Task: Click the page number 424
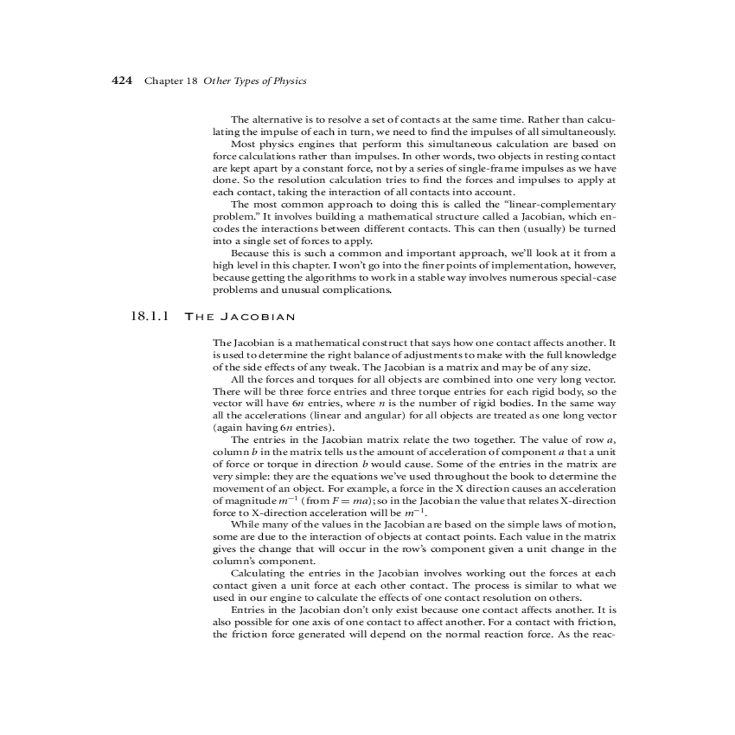point(122,81)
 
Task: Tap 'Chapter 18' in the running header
point(171,81)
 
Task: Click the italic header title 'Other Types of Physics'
point(254,81)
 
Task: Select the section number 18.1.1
point(149,317)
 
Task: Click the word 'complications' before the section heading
point(356,290)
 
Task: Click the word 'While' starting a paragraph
point(244,525)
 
